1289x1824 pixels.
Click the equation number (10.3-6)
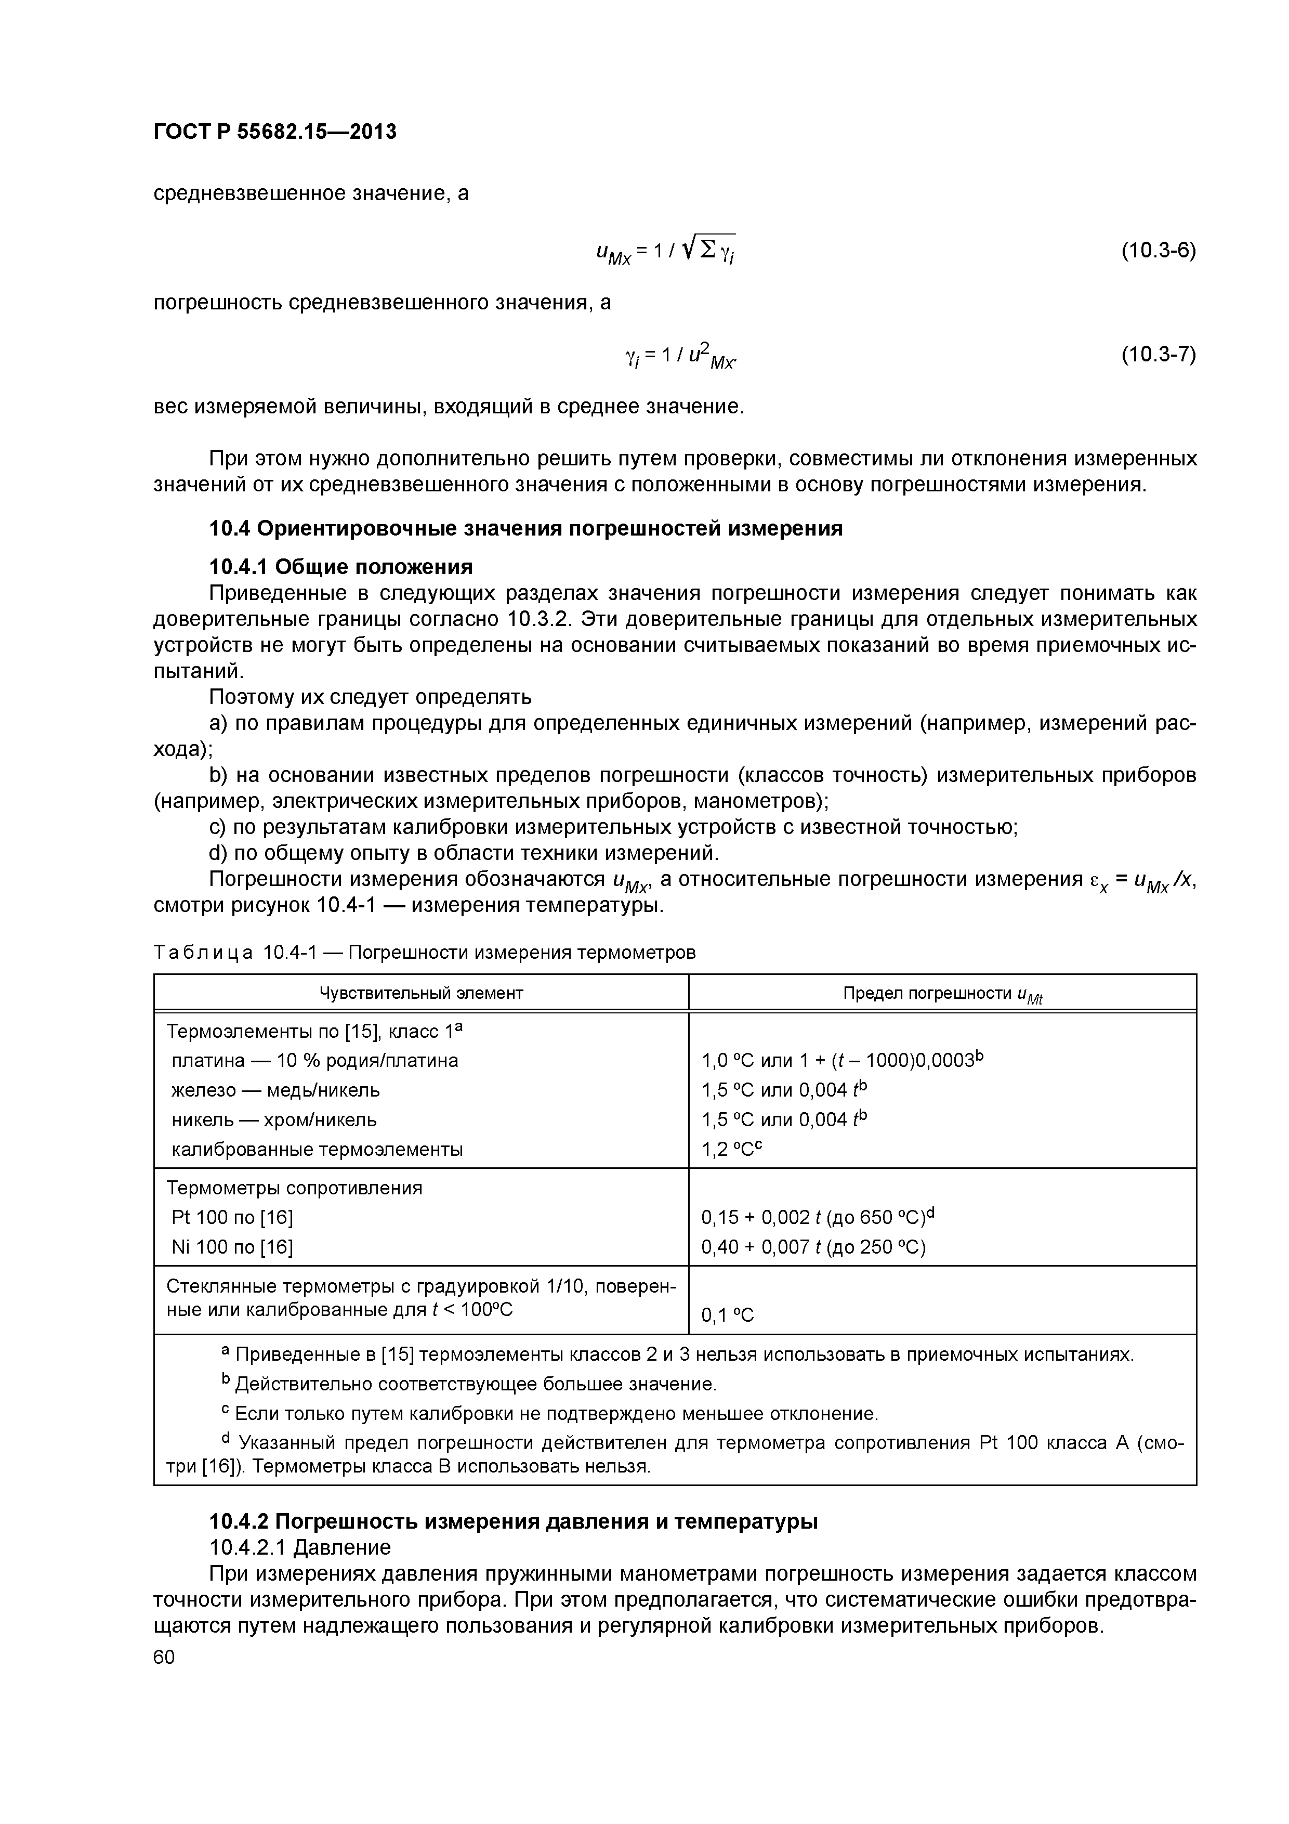[x=1158, y=251]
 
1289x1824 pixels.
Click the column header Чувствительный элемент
[x=421, y=993]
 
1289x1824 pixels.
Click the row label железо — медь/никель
[x=275, y=1090]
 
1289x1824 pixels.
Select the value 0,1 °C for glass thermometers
[x=727, y=1315]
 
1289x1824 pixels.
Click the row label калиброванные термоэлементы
[x=317, y=1150]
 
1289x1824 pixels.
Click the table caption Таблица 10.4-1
[x=424, y=953]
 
